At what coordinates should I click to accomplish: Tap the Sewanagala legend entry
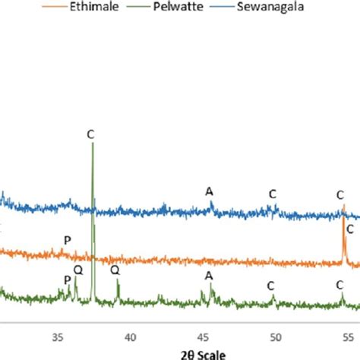point(263,14)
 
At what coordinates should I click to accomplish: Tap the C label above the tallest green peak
point(90,134)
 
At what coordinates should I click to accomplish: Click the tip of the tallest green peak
point(92,144)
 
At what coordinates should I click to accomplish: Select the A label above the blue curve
point(210,191)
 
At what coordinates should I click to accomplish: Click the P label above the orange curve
point(67,241)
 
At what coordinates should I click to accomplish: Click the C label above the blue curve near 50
point(272,194)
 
